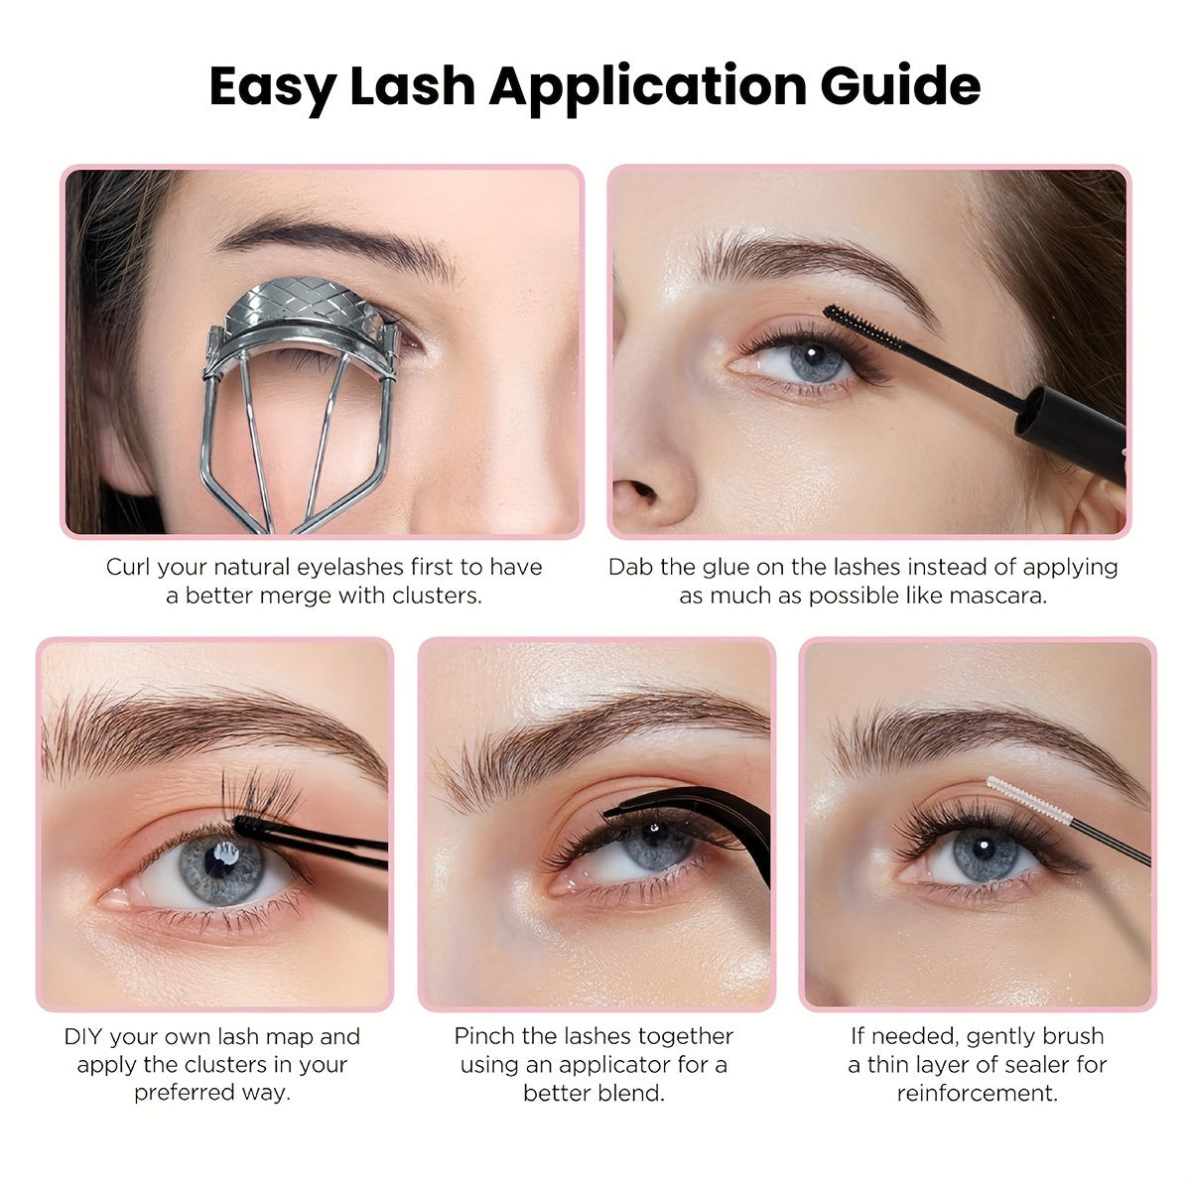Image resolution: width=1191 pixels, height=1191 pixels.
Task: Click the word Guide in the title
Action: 900,85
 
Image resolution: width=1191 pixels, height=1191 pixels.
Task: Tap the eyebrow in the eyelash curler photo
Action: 336,243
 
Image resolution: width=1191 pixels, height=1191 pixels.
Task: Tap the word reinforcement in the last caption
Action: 978,1093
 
